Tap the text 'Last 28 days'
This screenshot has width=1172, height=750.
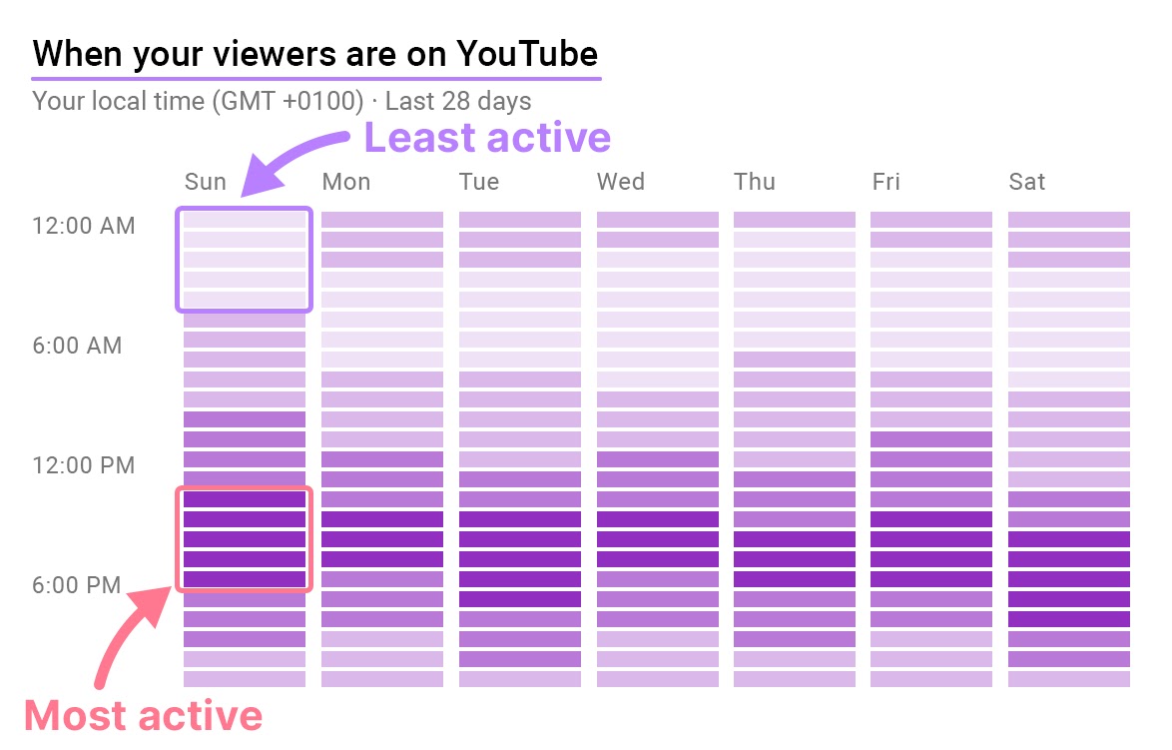tap(458, 101)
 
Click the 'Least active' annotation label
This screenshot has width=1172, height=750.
tap(487, 138)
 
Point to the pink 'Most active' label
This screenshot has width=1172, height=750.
tap(143, 716)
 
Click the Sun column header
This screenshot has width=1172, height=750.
tap(206, 182)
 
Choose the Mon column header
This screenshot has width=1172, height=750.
tap(345, 182)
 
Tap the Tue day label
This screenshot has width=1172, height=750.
tap(479, 182)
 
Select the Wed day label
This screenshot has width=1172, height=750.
tap(621, 182)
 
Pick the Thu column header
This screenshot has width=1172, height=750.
tap(755, 182)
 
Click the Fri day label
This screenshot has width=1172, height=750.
tap(885, 182)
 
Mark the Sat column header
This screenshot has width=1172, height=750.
tap(1027, 182)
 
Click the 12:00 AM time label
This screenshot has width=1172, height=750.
tap(84, 226)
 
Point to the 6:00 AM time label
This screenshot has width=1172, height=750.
tap(78, 346)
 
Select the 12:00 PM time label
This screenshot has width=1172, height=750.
tap(84, 465)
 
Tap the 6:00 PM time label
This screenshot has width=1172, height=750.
tap(78, 585)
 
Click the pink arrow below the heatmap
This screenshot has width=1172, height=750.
tap(125, 639)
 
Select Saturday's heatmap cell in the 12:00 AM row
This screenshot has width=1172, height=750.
tap(1069, 220)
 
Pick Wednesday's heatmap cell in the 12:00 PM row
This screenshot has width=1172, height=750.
tap(658, 459)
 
